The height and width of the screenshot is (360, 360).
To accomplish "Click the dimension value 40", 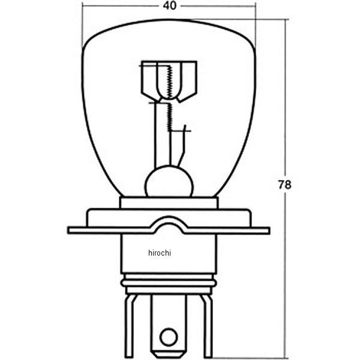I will [x=169, y=6].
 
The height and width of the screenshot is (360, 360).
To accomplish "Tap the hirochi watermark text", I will [x=160, y=253].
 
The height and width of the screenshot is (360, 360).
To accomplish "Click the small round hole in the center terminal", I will [x=169, y=337].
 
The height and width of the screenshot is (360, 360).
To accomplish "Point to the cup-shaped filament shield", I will [x=169, y=80].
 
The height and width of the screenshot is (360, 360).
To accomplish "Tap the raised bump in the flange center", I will [x=169, y=224].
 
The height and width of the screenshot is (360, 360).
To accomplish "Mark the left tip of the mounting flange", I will [x=70, y=230].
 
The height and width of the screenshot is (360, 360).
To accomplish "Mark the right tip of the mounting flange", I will [x=268, y=230].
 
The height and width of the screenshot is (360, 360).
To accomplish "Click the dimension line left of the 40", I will [x=120, y=6].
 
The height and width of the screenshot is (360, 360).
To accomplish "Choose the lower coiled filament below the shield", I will [x=169, y=117].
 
